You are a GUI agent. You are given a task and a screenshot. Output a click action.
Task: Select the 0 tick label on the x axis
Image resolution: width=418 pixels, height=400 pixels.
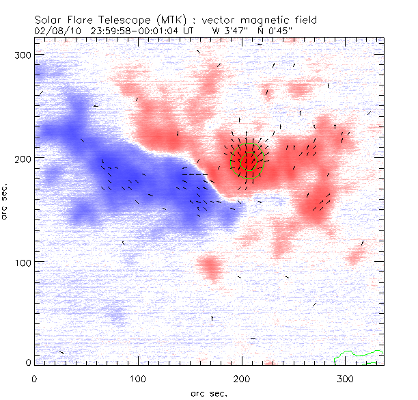click(x=34, y=378)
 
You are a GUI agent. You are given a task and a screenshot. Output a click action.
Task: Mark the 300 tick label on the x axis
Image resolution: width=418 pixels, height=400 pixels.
click(x=346, y=378)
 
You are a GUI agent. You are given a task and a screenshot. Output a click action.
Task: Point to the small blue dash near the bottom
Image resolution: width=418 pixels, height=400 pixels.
click(x=253, y=338)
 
